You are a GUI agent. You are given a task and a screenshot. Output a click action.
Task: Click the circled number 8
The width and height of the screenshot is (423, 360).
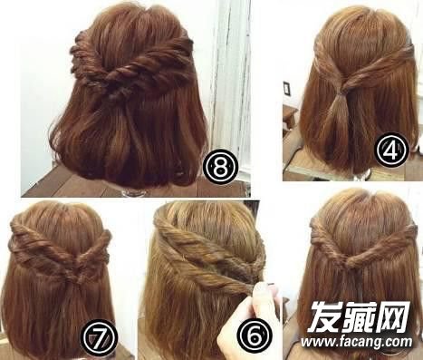pos(220,166)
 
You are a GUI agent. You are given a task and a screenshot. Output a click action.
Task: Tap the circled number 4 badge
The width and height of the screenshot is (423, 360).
pos(391,150)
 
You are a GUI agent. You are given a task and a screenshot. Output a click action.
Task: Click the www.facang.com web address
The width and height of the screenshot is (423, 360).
pos(356,342)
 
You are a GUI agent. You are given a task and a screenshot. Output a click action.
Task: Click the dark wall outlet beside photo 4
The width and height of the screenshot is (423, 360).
pos(286,88)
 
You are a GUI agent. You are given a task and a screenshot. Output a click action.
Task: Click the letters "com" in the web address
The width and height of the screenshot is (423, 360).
pos(400,342)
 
